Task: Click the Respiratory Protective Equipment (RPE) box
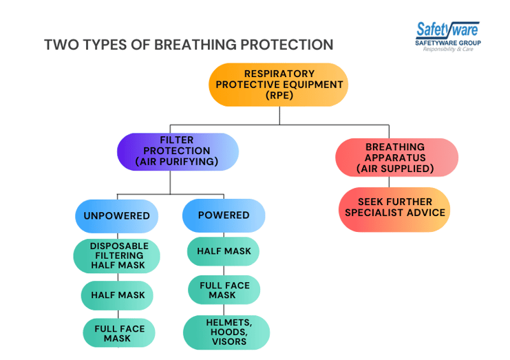click(x=279, y=85)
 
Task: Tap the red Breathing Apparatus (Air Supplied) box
click(x=396, y=158)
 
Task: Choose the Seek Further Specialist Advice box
click(x=396, y=208)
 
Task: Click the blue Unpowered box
click(x=116, y=215)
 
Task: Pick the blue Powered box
click(x=224, y=215)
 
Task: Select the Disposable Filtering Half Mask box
click(x=118, y=255)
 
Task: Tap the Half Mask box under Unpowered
click(x=118, y=295)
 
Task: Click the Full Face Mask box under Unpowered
click(x=118, y=334)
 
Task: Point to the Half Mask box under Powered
click(x=224, y=252)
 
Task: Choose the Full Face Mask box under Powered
click(x=224, y=290)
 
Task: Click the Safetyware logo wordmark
click(x=447, y=30)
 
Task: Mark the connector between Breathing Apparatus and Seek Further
click(x=390, y=182)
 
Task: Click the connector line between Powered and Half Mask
click(x=224, y=235)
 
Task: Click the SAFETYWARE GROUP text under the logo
click(x=448, y=43)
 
